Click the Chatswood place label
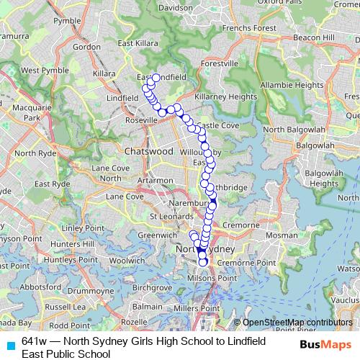tap(149, 153)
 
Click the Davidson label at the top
tap(176, 7)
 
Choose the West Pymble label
tap(39, 71)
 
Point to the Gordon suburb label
tap(86, 47)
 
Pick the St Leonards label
tap(165, 216)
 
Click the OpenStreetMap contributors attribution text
tap(297, 323)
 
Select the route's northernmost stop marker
tap(155, 77)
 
